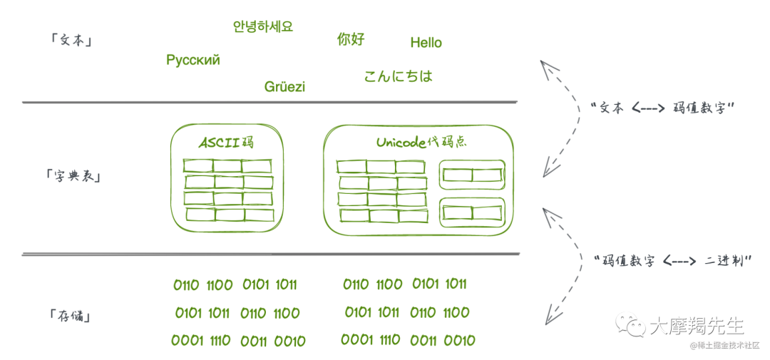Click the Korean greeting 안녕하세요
tap(263, 27)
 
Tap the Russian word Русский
tap(193, 60)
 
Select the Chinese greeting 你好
tap(351, 38)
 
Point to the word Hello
tap(426, 43)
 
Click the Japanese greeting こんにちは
tap(399, 76)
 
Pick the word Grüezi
tap(284, 87)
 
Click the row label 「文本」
tap(72, 41)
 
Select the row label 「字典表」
tap(72, 175)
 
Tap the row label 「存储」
tap(71, 314)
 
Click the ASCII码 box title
tap(227, 143)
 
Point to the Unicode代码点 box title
tap(421, 142)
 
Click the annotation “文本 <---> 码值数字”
tap(663, 108)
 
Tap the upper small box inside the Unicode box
tap(472, 175)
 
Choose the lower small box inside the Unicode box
tap(472, 212)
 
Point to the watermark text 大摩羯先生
tap(698, 326)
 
